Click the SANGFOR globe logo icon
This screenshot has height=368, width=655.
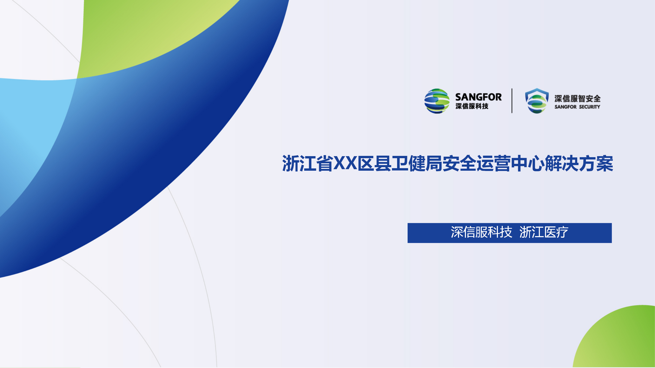point(437,101)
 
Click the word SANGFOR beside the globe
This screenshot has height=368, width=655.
point(478,97)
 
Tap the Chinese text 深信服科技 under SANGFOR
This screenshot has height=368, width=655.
point(472,106)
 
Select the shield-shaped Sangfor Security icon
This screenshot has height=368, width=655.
point(537,101)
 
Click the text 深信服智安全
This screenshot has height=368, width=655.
point(577,99)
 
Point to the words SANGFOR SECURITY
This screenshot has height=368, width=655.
point(577,107)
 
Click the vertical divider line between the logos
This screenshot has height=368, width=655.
point(512,101)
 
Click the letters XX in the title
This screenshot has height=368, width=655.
point(345,163)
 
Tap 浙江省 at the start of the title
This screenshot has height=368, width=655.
point(307,163)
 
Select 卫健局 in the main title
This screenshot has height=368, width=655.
point(417,163)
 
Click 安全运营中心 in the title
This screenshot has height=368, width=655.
point(494,163)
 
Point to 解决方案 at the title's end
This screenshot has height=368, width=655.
point(579,163)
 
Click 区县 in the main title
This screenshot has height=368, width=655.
point(374,163)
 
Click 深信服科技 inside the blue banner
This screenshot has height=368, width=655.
point(481,232)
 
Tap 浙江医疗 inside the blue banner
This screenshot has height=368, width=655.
point(544,232)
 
